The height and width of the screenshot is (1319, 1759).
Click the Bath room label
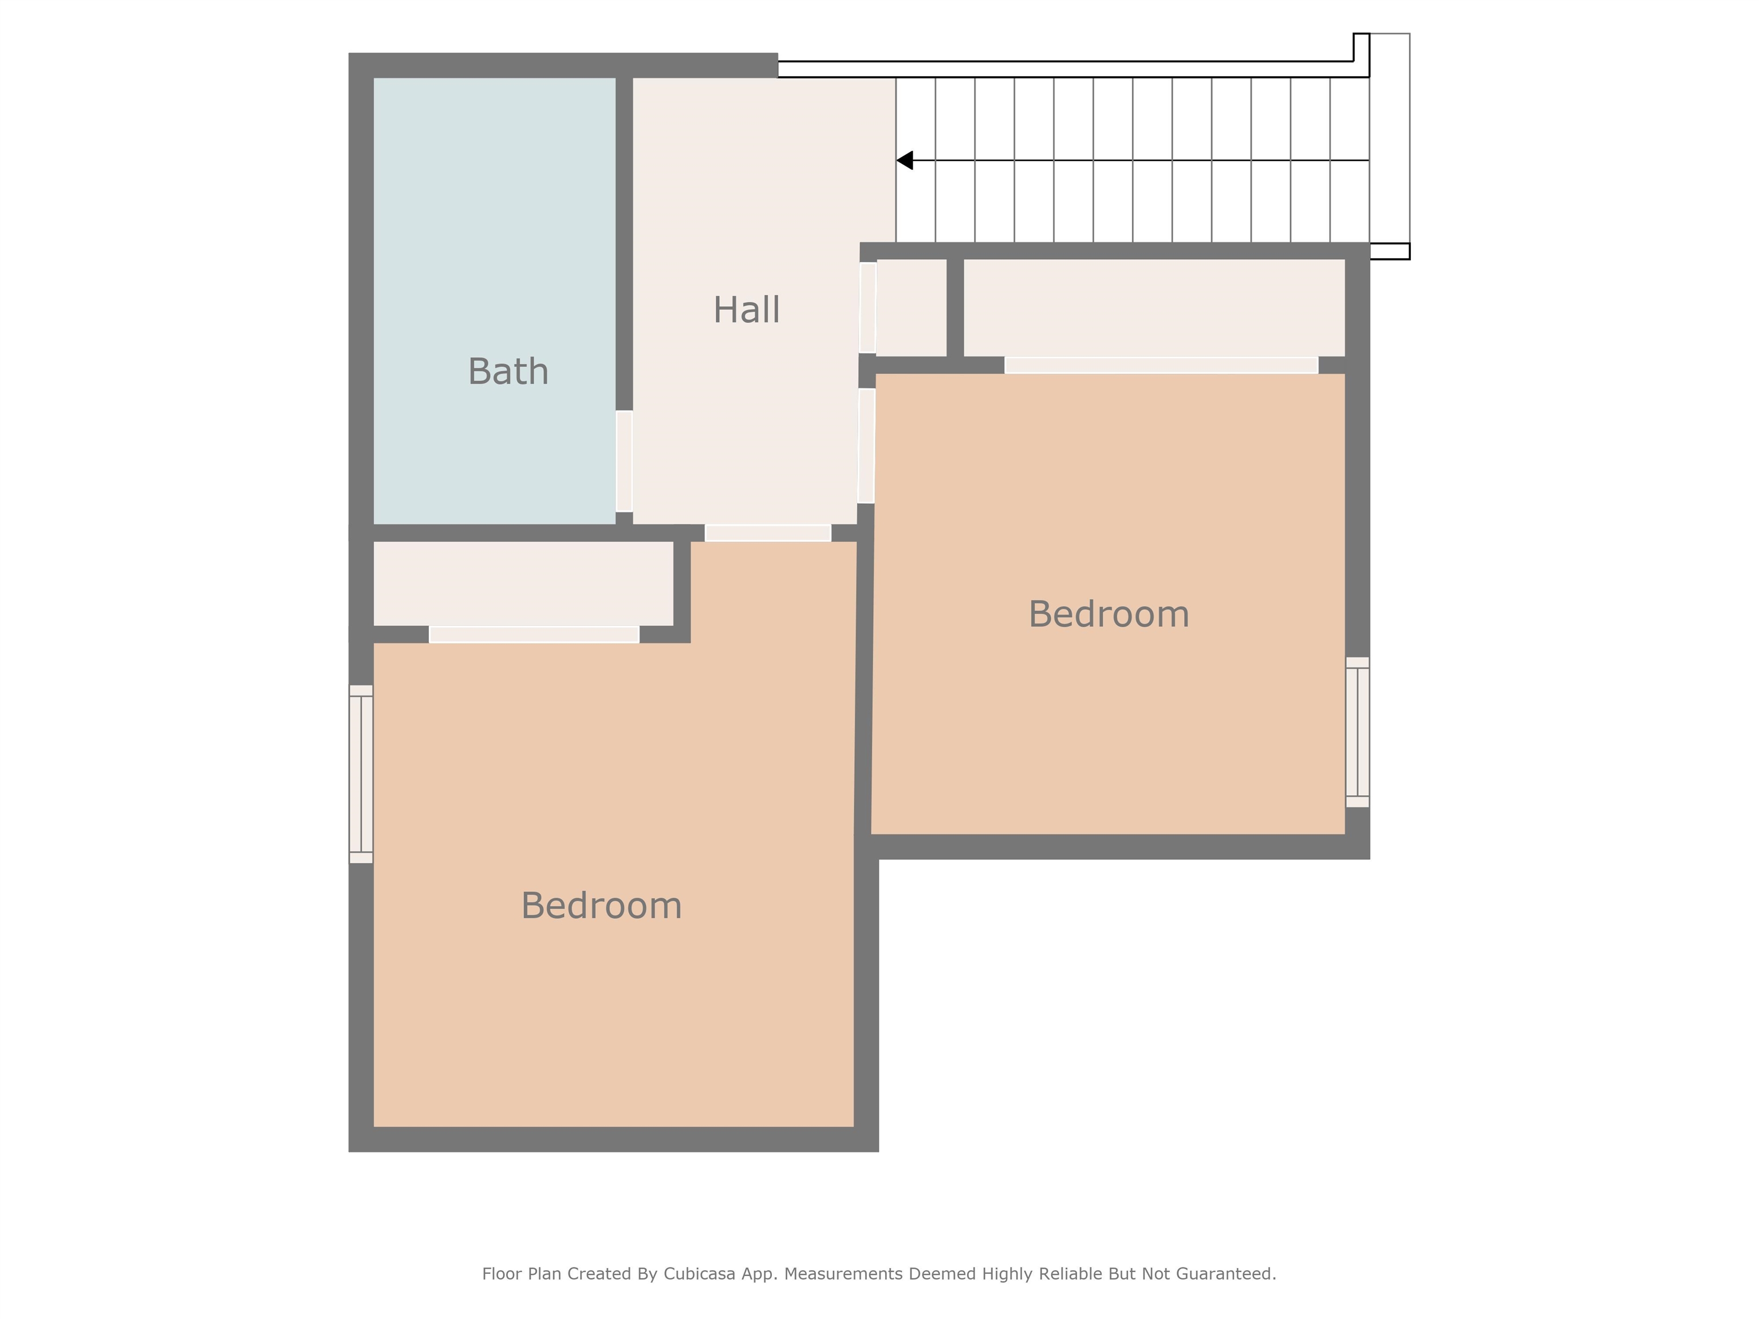[508, 372]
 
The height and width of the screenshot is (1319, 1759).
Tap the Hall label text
[746, 310]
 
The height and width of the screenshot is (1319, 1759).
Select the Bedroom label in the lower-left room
[601, 906]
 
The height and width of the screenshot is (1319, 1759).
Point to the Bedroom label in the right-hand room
[1109, 614]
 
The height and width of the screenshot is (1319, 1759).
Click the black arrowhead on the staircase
[905, 161]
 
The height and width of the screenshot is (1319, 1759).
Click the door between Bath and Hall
[624, 461]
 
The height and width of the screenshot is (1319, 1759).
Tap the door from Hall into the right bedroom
[866, 445]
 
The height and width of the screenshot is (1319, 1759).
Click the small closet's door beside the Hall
[867, 307]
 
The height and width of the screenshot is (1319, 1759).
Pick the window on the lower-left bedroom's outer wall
[361, 773]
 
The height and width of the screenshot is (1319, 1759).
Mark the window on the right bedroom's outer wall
[1358, 732]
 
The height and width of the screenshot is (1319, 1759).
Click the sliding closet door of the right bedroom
[1161, 365]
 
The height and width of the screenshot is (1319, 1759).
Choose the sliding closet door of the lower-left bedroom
[534, 634]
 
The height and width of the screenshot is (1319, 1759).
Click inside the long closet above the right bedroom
[1153, 307]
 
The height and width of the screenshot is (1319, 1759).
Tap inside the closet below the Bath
[523, 583]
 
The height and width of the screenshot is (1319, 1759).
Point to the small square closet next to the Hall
[912, 307]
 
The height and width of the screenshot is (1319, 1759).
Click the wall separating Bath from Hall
[624, 239]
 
